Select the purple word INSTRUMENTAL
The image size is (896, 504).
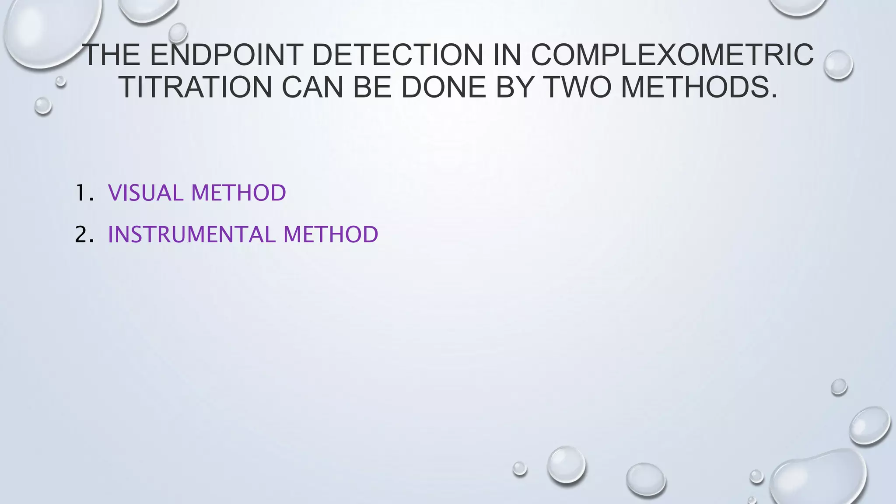click(x=192, y=234)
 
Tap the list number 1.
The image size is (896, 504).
click(x=84, y=193)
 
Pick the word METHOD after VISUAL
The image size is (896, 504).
click(x=238, y=193)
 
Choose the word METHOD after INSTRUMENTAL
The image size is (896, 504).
click(x=331, y=234)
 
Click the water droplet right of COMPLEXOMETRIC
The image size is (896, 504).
click(x=838, y=65)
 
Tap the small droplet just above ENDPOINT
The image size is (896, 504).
click(x=178, y=33)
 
